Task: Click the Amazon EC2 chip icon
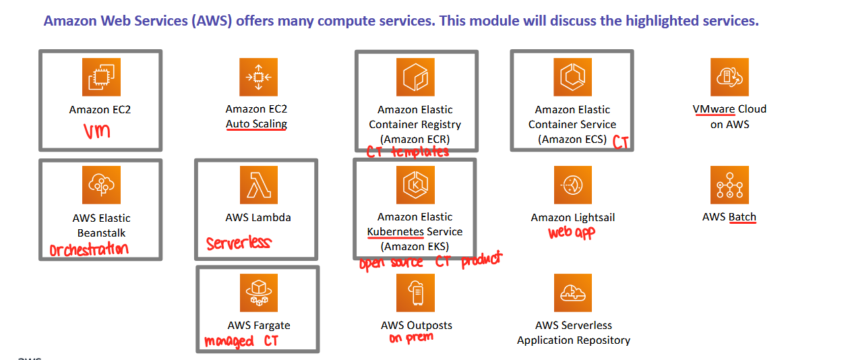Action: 101,76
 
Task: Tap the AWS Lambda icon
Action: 258,185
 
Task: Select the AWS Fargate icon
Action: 258,293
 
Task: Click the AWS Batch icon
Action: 729,185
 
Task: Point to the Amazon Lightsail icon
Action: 572,185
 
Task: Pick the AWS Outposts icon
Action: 416,293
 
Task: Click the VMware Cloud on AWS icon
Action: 729,76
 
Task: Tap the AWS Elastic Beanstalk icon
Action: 101,185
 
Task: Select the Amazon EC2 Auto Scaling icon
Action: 258,76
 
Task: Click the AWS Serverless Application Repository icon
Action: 572,293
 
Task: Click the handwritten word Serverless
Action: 238,243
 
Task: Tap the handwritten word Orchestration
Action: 88,249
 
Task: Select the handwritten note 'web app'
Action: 572,233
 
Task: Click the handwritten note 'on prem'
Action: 411,338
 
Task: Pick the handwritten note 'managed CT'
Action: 241,341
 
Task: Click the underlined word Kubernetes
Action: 396,232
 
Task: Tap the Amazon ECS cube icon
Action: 572,76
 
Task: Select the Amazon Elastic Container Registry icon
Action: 416,76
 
